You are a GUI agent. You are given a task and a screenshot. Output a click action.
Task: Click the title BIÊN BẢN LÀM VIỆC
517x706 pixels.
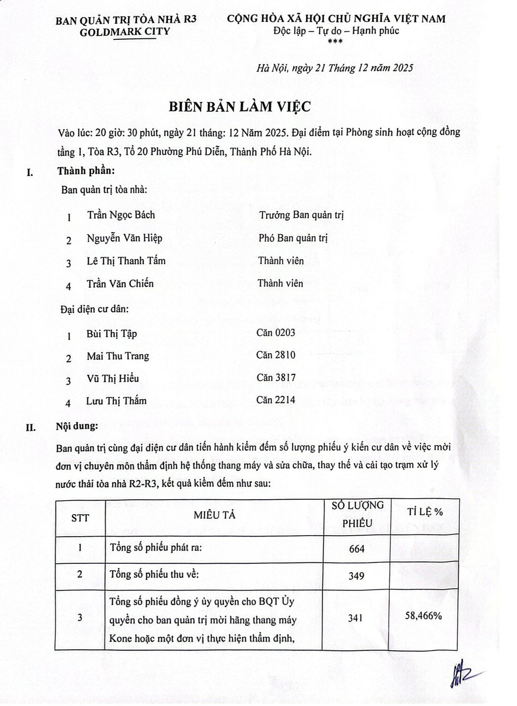tap(239, 107)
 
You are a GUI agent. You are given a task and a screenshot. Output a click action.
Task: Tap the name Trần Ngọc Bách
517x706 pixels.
tap(121, 215)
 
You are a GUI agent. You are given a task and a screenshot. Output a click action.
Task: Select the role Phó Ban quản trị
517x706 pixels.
tap(293, 238)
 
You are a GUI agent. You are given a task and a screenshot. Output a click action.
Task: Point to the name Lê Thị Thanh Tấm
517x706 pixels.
tap(126, 261)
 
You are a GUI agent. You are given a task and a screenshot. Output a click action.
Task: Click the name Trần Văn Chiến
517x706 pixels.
tap(120, 284)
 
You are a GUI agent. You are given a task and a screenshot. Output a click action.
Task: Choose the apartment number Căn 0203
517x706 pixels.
tap(276, 333)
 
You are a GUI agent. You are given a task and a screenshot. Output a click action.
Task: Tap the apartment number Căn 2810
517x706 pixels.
tap(276, 355)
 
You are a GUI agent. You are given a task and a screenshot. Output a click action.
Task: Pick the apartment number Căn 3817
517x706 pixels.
tap(276, 378)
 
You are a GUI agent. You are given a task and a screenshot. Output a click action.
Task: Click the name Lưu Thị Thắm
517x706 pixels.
tap(116, 401)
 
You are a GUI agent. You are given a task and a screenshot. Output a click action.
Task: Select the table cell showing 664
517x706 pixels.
tap(356, 549)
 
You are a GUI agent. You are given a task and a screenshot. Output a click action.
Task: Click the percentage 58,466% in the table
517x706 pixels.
tap(423, 616)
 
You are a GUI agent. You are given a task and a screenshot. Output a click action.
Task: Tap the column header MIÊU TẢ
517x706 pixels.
tap(214, 516)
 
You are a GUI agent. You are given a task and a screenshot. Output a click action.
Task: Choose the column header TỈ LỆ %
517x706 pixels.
tap(425, 512)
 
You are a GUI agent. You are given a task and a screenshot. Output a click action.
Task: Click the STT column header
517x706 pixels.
tap(80, 518)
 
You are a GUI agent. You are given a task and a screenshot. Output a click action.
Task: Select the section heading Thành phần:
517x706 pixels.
tap(86, 171)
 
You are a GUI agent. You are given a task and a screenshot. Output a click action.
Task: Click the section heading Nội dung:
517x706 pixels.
tap(77, 426)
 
